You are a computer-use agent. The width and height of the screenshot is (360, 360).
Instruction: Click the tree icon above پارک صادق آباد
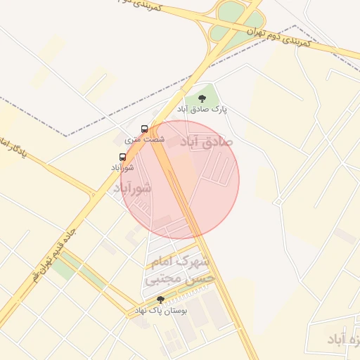click(202, 99)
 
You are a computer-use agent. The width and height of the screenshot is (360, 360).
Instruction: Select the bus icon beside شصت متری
click(144, 129)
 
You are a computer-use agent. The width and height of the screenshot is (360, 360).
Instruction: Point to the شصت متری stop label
click(145, 139)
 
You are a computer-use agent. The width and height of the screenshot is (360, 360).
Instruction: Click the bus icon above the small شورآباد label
click(123, 157)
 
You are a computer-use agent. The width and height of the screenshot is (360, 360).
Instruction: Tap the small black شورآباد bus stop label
click(122, 167)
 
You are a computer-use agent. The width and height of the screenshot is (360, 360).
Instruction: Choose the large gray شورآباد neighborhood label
click(132, 188)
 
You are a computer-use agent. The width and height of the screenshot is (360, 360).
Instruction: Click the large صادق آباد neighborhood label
click(206, 141)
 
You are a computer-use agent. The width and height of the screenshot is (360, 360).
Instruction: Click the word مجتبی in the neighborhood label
click(161, 279)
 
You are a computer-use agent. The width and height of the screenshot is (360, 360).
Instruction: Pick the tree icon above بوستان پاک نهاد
click(160, 300)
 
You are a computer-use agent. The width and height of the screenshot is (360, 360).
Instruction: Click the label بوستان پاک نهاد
click(162, 310)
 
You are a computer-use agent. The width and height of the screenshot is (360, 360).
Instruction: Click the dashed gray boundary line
click(105, 120)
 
